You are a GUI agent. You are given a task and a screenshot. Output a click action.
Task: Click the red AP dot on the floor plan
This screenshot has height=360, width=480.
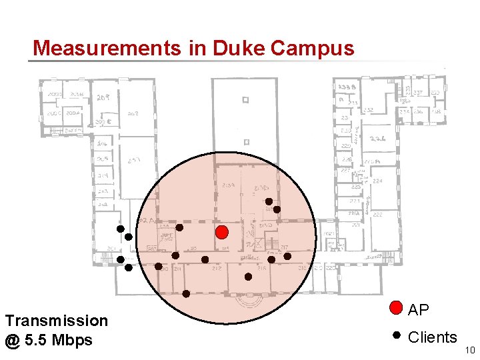223,232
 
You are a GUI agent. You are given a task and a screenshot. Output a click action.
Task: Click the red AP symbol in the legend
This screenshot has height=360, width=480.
396,308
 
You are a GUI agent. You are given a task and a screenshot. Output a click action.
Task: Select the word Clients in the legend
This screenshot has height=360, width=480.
432,337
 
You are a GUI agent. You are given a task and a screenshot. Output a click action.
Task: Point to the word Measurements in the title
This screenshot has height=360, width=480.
106,48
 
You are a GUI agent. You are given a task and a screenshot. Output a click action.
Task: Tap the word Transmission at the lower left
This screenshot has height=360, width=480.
56,321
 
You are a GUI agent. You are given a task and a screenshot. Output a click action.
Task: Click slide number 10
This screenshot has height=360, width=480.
469,350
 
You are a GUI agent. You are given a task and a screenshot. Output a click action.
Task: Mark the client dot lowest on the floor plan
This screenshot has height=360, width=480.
186,293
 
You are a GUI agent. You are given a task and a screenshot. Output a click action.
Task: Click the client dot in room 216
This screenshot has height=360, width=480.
248,276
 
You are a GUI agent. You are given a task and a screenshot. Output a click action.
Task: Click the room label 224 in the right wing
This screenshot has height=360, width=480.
377,181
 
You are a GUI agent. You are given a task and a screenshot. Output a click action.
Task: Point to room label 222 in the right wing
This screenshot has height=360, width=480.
377,215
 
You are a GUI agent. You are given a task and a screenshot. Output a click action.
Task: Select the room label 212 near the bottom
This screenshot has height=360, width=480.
217,268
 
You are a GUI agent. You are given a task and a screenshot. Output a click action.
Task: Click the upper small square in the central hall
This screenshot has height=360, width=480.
245,100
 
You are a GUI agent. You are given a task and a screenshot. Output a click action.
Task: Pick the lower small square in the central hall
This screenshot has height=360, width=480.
245,141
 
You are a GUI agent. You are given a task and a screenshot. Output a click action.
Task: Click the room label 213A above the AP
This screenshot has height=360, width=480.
228,185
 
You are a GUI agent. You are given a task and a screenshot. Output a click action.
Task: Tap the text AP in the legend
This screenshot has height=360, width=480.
418,310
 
